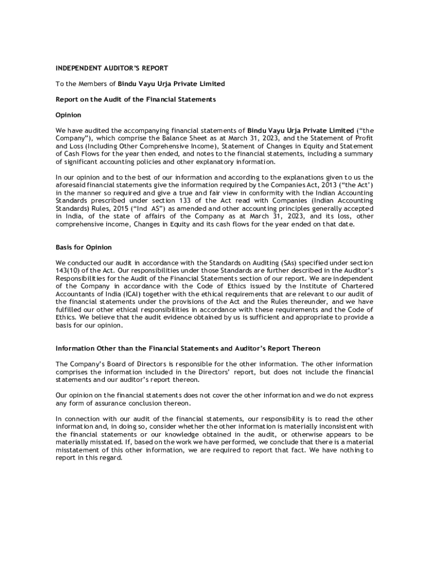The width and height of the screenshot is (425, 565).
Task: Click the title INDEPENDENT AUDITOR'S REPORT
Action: pyautogui.click(x=111, y=68)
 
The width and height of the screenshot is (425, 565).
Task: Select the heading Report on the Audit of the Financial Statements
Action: pyautogui.click(x=135, y=99)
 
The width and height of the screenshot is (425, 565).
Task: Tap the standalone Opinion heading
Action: pyautogui.click(x=68, y=115)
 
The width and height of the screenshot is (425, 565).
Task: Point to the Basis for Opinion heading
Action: pyautogui.click(x=84, y=247)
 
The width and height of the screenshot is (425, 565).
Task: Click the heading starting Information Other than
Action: pyautogui.click(x=188, y=349)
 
